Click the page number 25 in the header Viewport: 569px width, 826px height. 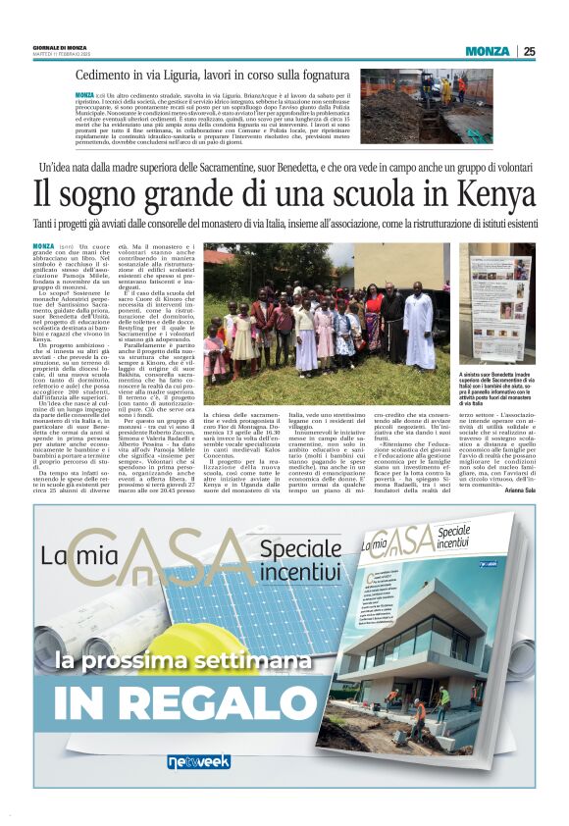click(x=529, y=52)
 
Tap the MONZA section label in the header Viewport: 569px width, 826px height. click(x=487, y=52)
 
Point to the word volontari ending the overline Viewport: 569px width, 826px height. click(x=500, y=169)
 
